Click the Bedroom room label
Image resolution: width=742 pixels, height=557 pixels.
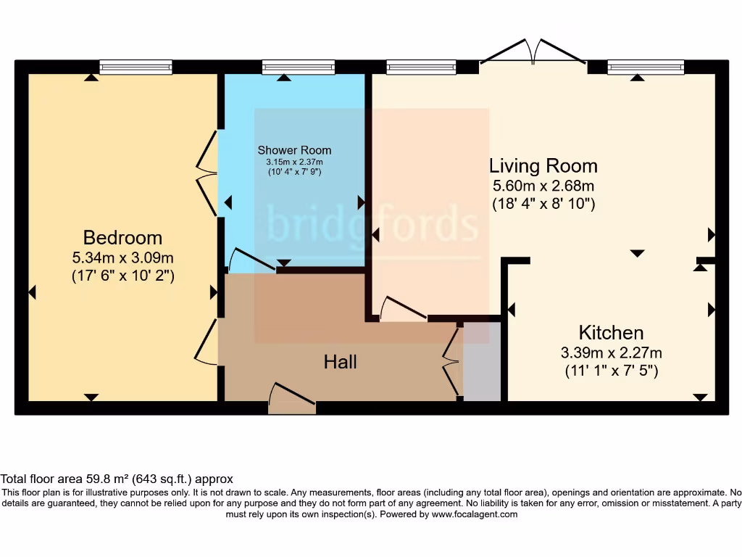(122, 237)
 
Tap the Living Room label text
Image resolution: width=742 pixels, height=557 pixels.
(543, 166)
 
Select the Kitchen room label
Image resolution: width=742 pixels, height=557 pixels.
(611, 333)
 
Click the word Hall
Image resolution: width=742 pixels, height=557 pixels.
(340, 361)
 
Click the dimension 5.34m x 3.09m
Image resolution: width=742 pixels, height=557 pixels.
(122, 257)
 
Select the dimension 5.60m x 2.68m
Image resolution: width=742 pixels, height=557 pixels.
(543, 186)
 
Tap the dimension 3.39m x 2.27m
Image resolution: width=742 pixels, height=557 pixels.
(611, 353)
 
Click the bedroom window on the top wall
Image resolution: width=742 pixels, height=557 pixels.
(136, 67)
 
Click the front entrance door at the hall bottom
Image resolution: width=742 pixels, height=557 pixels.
(292, 399)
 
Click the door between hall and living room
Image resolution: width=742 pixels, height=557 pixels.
(403, 309)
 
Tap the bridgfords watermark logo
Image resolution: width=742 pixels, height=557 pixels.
(372, 223)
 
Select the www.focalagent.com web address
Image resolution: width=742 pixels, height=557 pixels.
(475, 514)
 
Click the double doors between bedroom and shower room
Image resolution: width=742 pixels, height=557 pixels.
(207, 173)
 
